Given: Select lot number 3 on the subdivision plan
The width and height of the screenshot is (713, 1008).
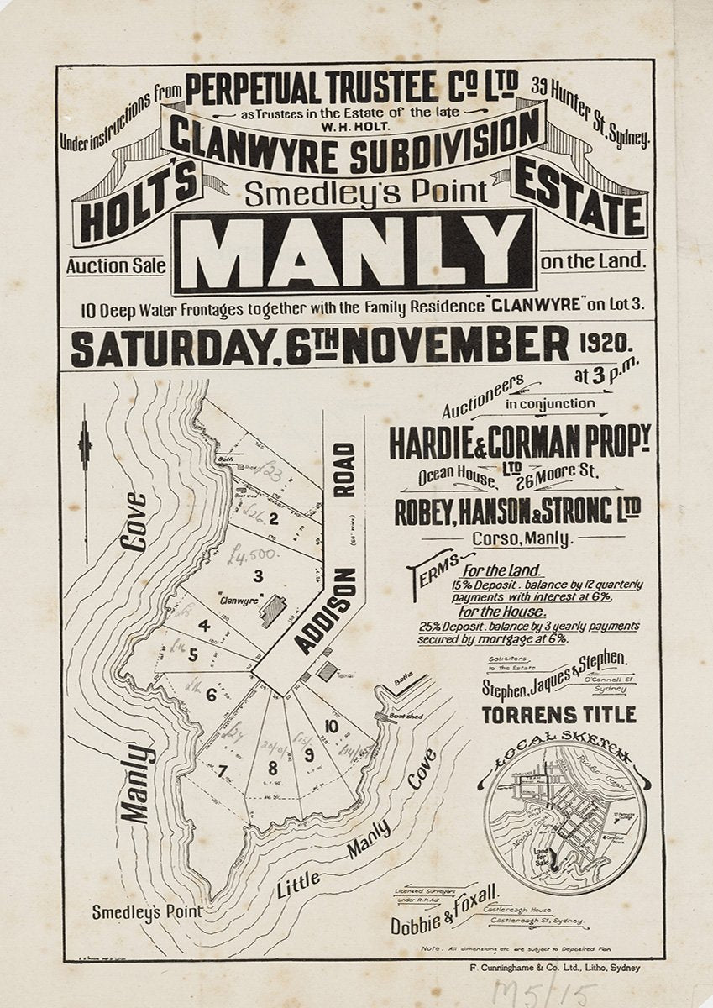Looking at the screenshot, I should [259, 575].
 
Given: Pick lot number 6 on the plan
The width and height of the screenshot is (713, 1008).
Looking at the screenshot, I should [210, 694].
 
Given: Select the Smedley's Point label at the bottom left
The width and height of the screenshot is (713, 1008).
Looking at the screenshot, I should [147, 911].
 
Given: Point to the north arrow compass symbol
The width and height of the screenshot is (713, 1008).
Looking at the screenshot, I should [84, 445].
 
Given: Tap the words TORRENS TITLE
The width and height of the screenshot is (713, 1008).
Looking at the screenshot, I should [558, 715].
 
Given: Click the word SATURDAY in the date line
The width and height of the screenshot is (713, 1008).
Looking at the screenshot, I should [172, 349].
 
